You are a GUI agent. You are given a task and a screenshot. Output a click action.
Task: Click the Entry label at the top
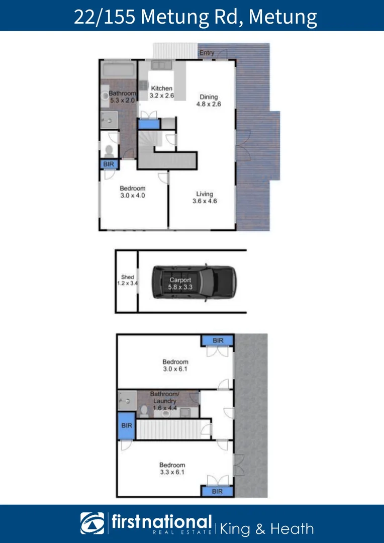tap(207, 53)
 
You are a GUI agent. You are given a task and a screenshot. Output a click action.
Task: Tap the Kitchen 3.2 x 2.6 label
tap(161, 92)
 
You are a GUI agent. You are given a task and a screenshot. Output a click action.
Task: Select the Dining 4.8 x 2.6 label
tap(209, 101)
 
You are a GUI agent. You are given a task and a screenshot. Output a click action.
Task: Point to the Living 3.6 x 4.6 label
tap(204, 198)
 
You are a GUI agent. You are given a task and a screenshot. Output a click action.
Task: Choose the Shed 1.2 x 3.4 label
tap(127, 280)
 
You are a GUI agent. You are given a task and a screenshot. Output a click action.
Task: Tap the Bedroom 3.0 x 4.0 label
tap(132, 192)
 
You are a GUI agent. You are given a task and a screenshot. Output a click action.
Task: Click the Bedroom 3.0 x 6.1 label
tap(175, 365)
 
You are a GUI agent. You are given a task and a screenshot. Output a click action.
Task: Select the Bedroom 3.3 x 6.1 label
tap(172, 469)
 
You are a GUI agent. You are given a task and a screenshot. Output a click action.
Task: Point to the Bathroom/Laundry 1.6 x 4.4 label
tap(163, 401)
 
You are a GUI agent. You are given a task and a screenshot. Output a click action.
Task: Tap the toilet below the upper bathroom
tap(109, 150)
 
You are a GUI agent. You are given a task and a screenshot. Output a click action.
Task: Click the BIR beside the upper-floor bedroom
tap(108, 164)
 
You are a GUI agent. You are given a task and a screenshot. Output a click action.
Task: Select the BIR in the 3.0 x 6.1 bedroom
tap(218, 341)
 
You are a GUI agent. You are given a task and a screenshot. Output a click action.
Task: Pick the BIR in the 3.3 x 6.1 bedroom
tap(217, 491)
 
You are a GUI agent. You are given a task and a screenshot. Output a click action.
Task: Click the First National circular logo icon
tap(92, 523)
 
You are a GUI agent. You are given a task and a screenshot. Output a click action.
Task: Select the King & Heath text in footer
tap(267, 529)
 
